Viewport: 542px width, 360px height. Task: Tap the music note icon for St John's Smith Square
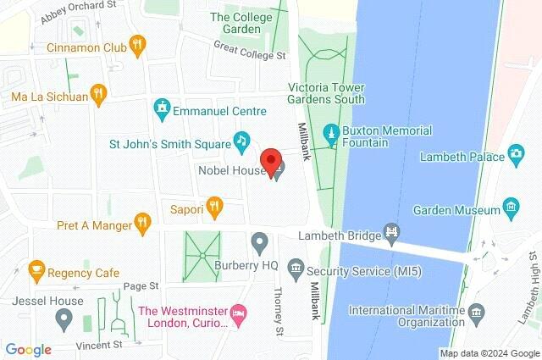point(241,140)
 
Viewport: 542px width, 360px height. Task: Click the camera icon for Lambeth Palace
point(516,153)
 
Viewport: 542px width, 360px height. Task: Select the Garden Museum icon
point(510,205)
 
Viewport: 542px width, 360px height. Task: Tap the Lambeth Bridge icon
point(391,230)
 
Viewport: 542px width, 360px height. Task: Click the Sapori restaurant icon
point(215,205)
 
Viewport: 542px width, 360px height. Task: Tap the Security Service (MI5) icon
point(296,269)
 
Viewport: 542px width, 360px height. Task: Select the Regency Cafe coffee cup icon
point(36,269)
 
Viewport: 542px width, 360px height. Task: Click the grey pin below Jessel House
point(63,319)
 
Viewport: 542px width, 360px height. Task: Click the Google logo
point(28,349)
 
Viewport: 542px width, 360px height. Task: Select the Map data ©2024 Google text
point(488,352)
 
